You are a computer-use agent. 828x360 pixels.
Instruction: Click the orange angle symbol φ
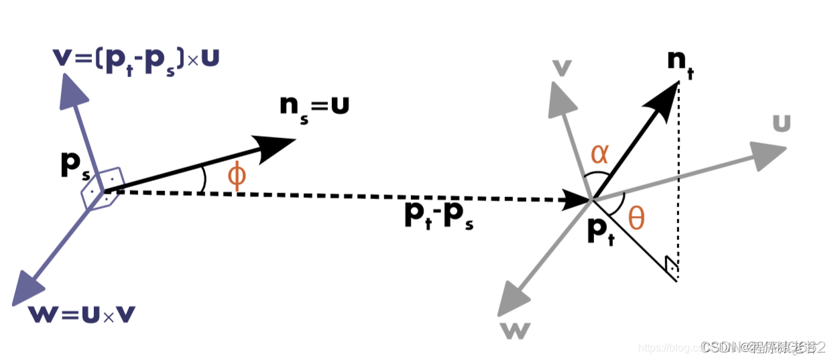tap(237, 176)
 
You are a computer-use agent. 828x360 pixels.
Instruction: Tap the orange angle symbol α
tap(599, 155)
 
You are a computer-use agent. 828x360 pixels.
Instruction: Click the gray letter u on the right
tap(782, 123)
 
